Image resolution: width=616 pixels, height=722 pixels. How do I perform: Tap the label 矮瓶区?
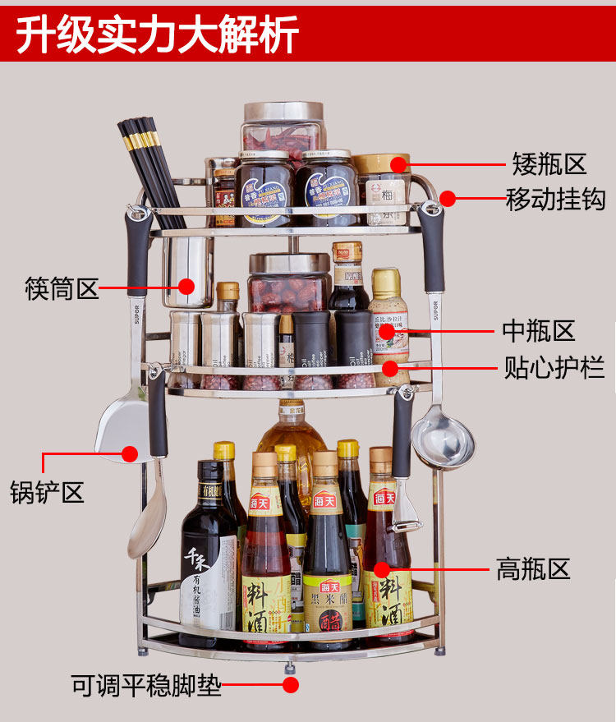tap(549, 163)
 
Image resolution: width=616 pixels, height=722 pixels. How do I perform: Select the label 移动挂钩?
tap(555, 199)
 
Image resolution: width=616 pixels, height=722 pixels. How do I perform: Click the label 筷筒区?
tap(62, 288)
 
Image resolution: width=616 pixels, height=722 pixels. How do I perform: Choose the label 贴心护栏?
tap(554, 366)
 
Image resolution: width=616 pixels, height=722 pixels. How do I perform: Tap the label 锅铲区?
tap(47, 492)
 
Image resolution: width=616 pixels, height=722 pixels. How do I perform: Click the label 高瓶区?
tap(532, 568)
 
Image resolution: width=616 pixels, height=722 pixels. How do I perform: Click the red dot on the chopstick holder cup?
tap(186, 287)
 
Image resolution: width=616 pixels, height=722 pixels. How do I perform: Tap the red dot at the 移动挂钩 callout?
tap(447, 198)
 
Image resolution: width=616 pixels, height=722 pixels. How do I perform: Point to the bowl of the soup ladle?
tap(443, 444)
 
